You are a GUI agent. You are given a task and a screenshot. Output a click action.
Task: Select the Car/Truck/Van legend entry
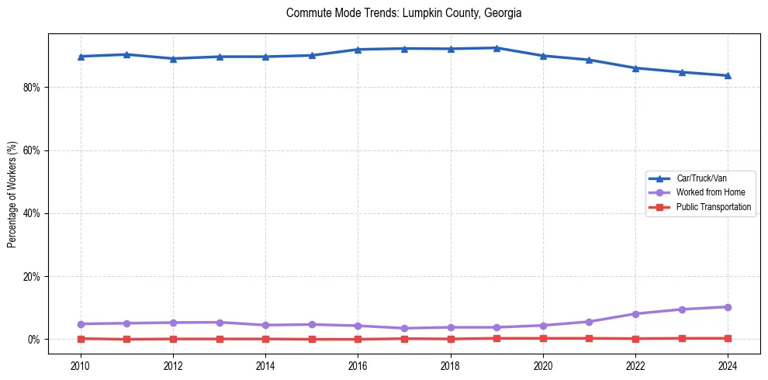point(701,178)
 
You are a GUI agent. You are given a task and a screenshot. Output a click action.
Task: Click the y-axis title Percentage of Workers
point(12,194)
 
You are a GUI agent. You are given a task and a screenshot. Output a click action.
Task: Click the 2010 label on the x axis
point(81,365)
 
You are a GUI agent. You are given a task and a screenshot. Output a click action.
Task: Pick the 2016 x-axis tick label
point(358,365)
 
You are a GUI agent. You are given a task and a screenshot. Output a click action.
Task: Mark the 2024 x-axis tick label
point(728,365)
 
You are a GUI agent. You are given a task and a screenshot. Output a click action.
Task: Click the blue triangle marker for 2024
point(728,75)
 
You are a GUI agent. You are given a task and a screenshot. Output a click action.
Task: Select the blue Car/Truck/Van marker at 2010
point(81,56)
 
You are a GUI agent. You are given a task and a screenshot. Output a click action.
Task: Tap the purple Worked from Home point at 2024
point(728,307)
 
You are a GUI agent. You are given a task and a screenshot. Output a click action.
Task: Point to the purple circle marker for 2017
point(404,328)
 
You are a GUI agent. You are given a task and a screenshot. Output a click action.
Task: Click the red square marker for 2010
point(81,338)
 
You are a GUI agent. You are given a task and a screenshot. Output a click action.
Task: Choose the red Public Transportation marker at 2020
point(543,338)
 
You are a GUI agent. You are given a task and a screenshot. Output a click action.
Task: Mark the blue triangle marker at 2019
point(496,48)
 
